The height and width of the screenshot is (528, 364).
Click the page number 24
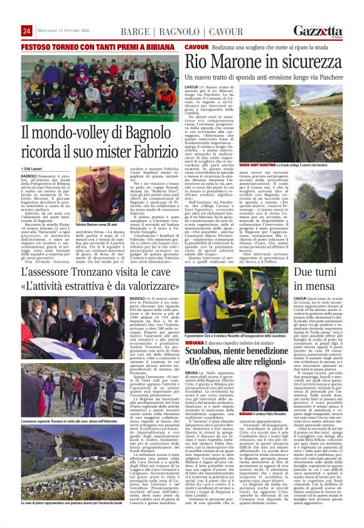pos(26,31)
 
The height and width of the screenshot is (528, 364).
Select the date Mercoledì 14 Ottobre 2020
pos(66,31)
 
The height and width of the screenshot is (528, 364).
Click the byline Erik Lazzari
pos(39,169)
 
